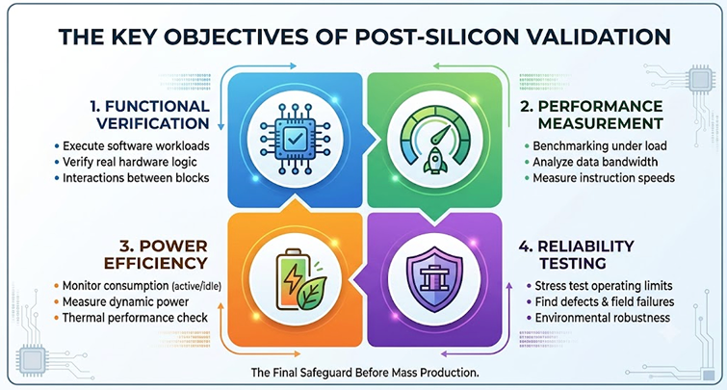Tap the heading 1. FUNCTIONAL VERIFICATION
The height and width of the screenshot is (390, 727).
click(150, 115)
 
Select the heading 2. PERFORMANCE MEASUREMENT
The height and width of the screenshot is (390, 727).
click(591, 115)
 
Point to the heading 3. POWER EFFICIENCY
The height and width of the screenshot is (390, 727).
click(156, 254)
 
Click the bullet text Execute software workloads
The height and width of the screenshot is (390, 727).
click(136, 146)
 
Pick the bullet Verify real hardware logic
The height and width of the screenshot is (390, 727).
click(129, 162)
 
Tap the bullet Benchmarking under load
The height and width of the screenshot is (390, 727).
click(600, 146)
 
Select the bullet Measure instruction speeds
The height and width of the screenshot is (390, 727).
click(604, 177)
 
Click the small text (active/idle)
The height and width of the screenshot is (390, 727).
click(196, 287)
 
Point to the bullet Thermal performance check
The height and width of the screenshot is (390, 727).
click(135, 318)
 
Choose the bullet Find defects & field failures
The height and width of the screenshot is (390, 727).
click(605, 302)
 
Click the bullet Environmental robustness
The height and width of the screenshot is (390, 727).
click(602, 318)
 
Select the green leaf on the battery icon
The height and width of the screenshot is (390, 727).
click(312, 294)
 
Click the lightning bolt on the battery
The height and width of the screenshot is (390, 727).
click(293, 277)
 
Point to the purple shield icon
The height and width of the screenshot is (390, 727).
click(434, 279)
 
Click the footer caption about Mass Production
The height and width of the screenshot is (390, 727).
click(365, 373)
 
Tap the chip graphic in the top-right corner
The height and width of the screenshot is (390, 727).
click(700, 79)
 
